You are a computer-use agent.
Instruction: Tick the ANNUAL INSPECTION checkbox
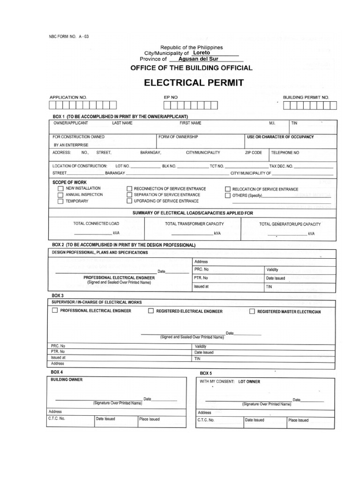[x=60, y=195]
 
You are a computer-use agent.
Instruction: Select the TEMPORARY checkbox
[x=60, y=202]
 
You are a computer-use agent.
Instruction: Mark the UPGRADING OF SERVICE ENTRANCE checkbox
[x=129, y=201]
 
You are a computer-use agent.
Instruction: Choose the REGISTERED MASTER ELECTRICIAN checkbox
[x=252, y=311]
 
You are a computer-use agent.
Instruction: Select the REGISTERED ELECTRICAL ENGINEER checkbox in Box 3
[x=151, y=311]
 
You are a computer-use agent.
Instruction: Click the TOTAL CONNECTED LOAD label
[x=93, y=224]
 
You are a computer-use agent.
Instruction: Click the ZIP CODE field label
[x=253, y=153]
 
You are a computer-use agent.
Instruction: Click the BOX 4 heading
[x=57, y=372]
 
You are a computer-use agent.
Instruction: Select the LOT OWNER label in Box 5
[x=248, y=382]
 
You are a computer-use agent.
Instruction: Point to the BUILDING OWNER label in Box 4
[x=67, y=380]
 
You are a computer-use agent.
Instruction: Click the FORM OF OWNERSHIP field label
[x=179, y=137]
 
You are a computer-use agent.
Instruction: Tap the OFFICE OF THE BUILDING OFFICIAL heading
[x=191, y=68]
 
